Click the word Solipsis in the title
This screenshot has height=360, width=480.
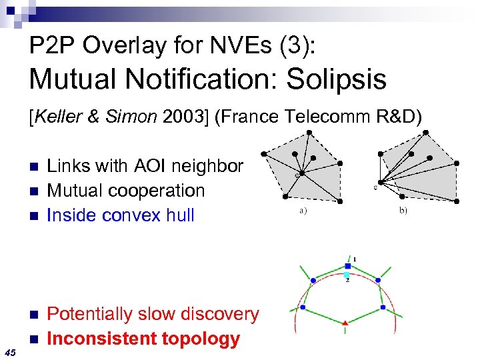click(337, 80)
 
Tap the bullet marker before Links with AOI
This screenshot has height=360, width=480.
click(35, 166)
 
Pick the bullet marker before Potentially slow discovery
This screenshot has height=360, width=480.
click(35, 315)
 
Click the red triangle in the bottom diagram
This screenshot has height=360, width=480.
click(345, 323)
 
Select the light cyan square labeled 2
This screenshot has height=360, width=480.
click(347, 275)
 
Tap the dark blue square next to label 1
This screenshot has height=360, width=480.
click(347, 266)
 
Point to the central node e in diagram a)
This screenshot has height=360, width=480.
click(302, 173)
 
